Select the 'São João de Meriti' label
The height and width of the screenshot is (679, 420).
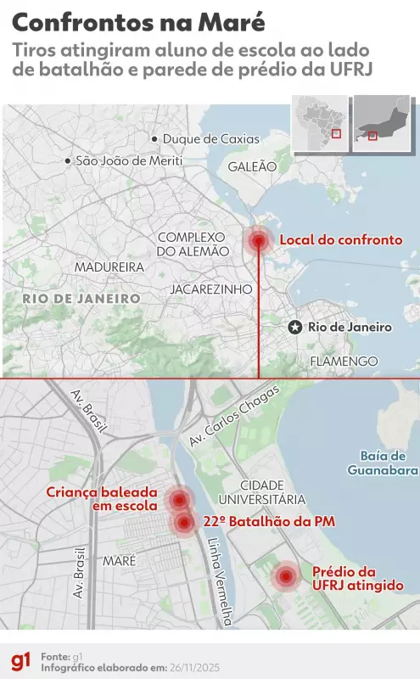(x=128, y=160)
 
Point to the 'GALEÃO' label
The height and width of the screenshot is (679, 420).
(x=252, y=167)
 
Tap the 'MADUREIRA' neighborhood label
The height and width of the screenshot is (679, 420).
(x=109, y=267)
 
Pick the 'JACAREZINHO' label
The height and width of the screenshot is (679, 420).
(x=211, y=289)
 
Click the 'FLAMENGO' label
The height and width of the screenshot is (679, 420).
(x=344, y=362)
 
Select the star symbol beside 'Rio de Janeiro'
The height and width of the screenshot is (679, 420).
(x=294, y=328)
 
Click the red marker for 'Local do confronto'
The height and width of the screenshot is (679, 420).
(x=259, y=241)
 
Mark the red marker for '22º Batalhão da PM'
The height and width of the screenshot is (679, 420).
(x=184, y=523)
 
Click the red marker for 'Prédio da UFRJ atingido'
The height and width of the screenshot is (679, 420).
(x=286, y=577)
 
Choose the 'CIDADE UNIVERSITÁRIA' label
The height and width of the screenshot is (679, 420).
(x=260, y=492)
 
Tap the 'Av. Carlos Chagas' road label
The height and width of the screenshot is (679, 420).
(x=233, y=416)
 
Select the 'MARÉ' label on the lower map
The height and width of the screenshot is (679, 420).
(x=119, y=561)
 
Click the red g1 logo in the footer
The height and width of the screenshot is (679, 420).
(x=21, y=660)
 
